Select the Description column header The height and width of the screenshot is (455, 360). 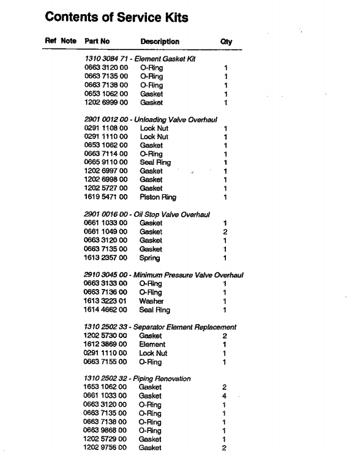[160, 42]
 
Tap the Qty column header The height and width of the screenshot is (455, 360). [225, 42]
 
